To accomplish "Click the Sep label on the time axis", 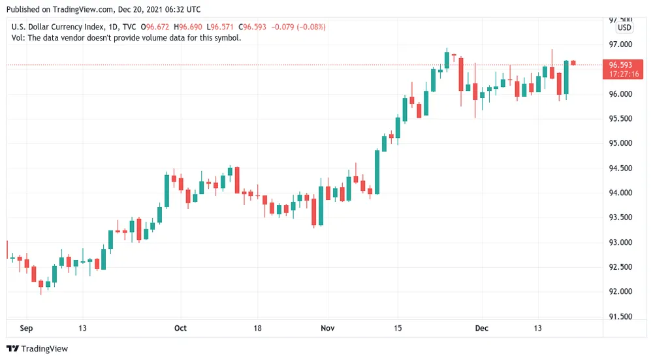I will pos(26,328).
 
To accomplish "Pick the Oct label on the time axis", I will pos(181,328).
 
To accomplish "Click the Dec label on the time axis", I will pos(482,328).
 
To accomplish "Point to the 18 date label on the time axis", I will pos(257,328).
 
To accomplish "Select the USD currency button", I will pos(625,27).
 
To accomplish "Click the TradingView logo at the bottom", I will pos(37,349).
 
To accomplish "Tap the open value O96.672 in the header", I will pos(161,27).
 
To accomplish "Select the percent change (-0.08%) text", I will pos(310,27).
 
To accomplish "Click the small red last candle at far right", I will pos(573,63).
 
